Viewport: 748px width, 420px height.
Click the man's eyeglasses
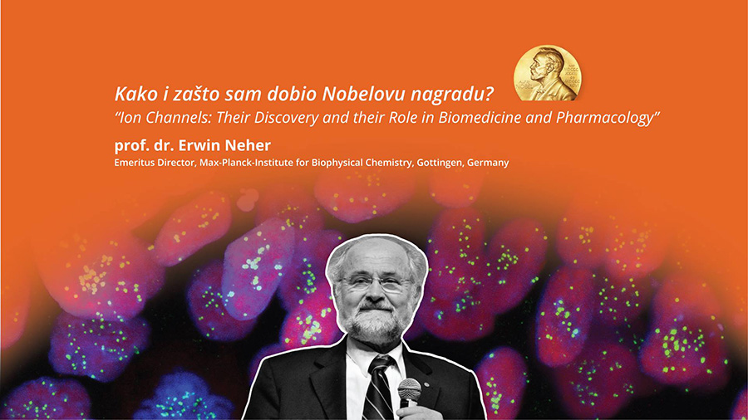pyautogui.click(x=374, y=283)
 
